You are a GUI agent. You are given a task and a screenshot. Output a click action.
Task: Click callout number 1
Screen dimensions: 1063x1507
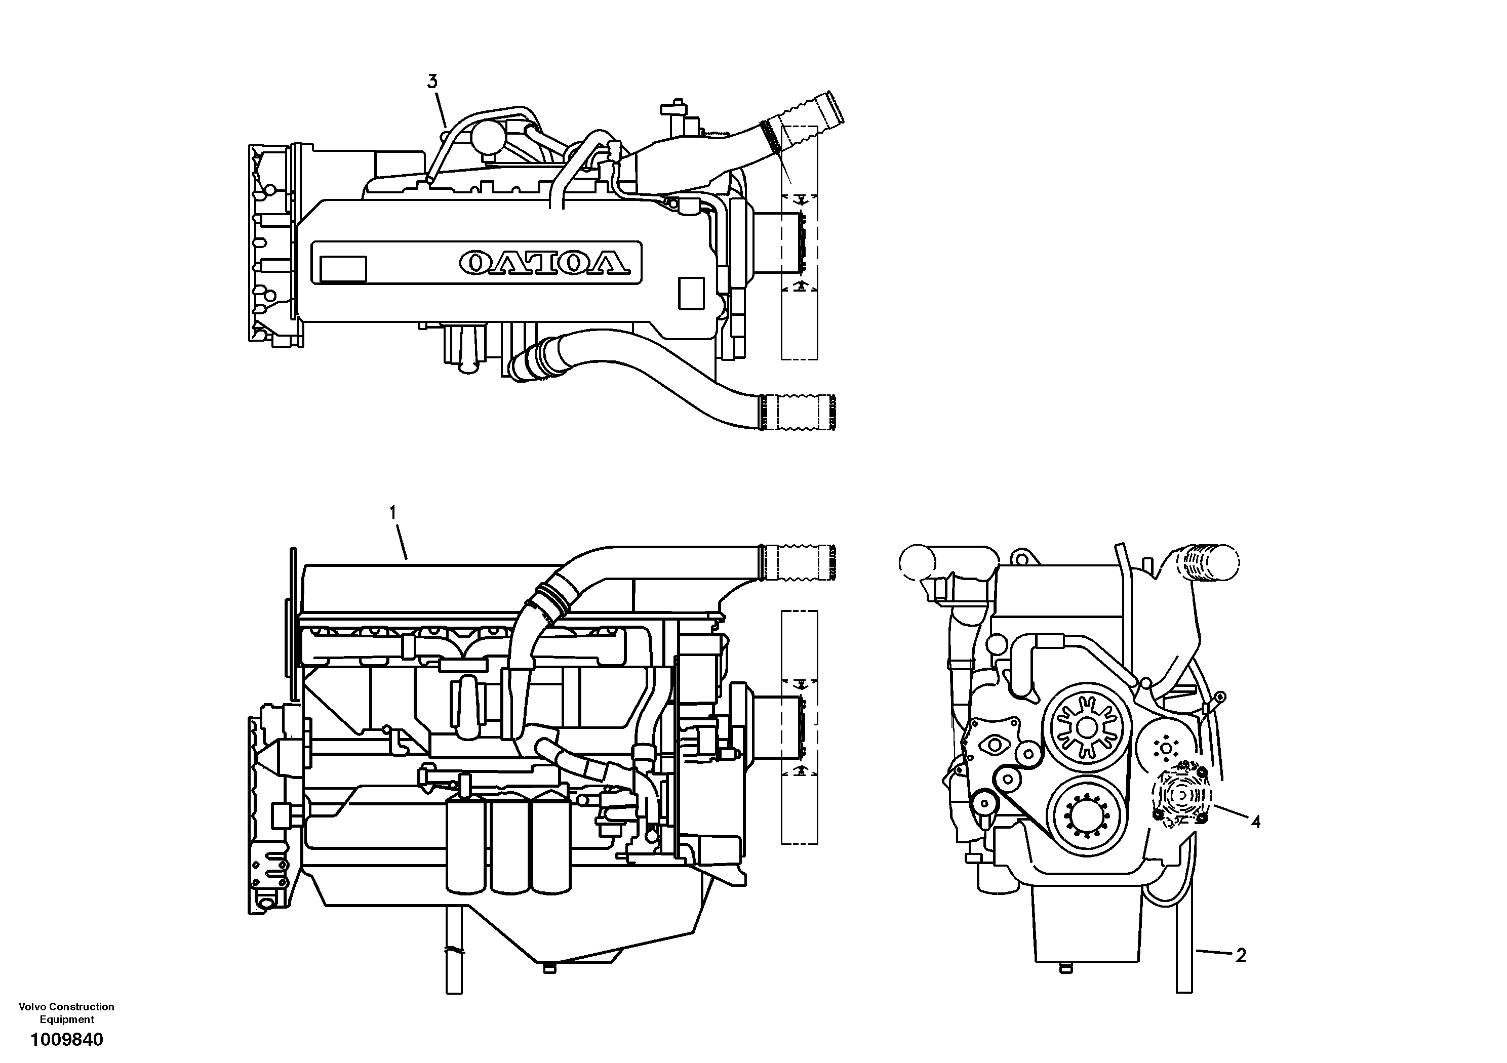(x=393, y=512)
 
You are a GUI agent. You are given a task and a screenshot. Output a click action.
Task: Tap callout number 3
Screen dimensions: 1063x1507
(x=432, y=82)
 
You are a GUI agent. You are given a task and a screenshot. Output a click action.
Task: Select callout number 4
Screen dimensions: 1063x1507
(x=1255, y=822)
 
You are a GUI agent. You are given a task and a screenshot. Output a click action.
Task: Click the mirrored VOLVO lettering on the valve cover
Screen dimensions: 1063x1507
(x=544, y=262)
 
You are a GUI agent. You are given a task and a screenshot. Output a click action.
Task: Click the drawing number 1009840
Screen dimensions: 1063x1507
(x=66, y=1040)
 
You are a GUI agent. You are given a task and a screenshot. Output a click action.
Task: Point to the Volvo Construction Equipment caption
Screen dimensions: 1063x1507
(x=66, y=1013)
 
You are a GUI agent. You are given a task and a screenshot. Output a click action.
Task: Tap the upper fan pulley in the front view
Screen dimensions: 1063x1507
(x=1087, y=727)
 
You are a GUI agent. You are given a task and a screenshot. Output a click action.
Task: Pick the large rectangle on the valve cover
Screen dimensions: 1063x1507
(x=343, y=269)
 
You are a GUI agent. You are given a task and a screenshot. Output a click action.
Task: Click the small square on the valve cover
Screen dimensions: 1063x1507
(x=691, y=293)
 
